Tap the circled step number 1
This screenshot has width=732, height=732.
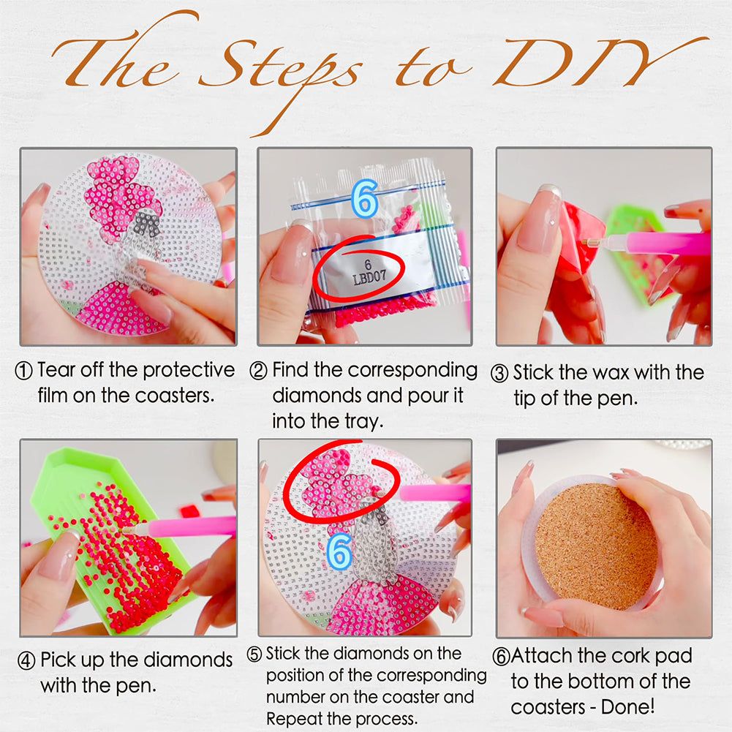pos(24,371)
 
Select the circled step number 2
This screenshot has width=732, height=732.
pos(258,371)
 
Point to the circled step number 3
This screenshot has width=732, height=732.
pos(499,374)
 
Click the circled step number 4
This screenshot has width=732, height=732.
pos(26,661)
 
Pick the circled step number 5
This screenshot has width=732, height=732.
pos(254,654)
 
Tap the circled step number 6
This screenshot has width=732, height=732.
pos(502,657)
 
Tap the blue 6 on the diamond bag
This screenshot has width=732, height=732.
pos(365,199)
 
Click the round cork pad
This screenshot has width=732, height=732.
pos(597,547)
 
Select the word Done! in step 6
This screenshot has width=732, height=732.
pos(627,707)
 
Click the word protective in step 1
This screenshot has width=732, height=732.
pos(189,371)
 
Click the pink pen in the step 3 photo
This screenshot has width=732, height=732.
pos(648,244)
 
